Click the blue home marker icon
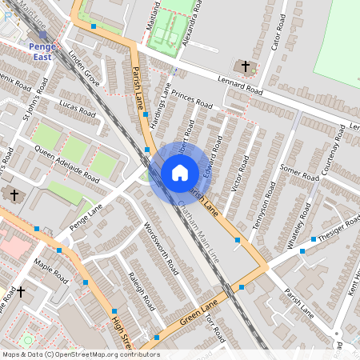[x=180, y=173]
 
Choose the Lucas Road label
[x=77, y=110]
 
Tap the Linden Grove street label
[x=84, y=70]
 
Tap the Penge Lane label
[x=87, y=215]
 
